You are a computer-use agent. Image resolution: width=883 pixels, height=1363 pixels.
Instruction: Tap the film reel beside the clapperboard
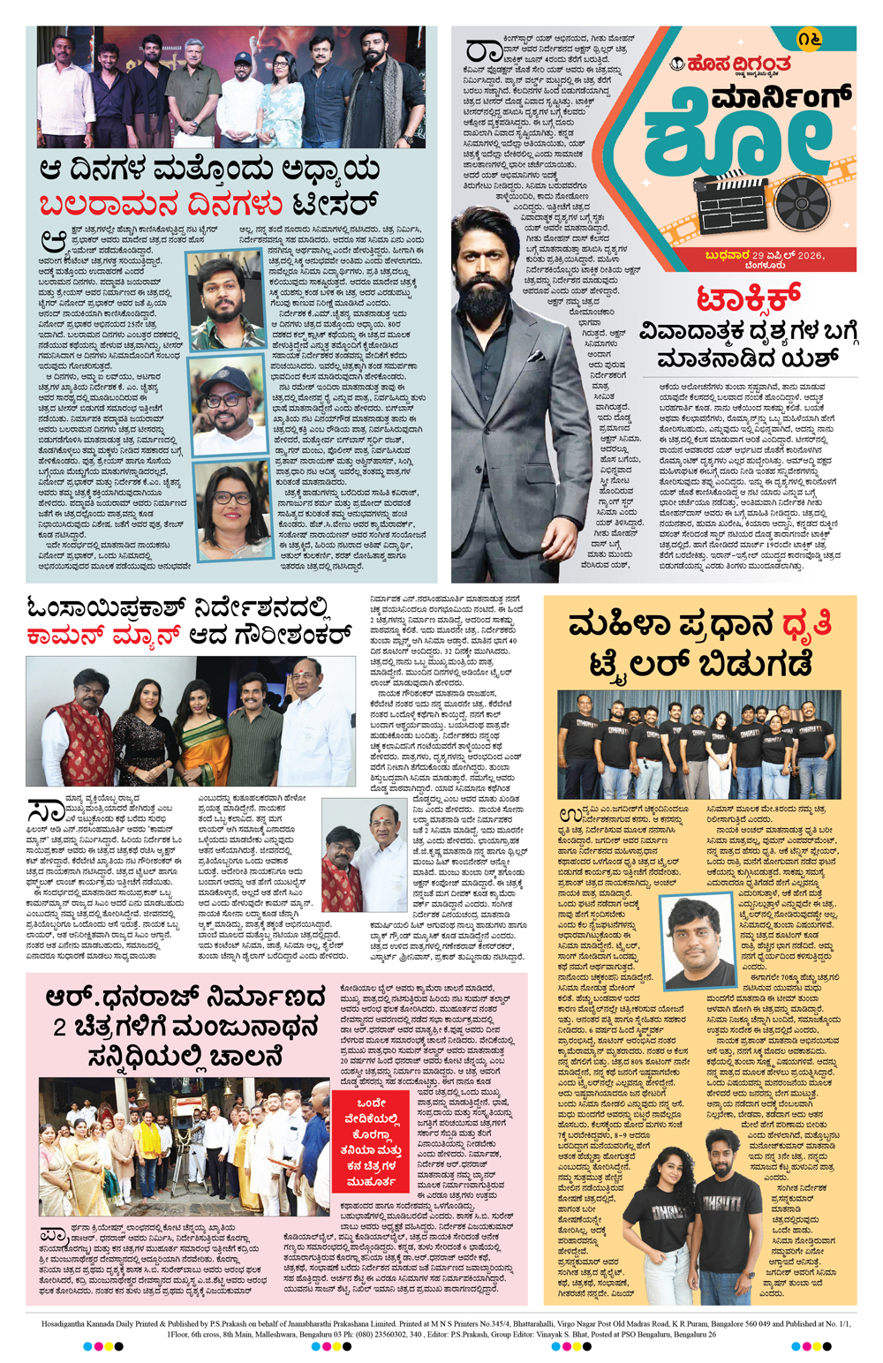coord(803,204)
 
